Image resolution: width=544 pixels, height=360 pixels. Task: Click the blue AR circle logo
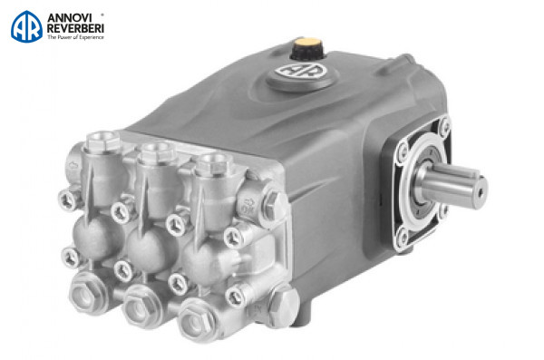coord(26,26)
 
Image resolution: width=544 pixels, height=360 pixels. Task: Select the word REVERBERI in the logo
coord(75,28)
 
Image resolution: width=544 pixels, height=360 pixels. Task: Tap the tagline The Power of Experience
coord(75,37)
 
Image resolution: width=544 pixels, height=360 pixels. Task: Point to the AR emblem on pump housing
coord(301,71)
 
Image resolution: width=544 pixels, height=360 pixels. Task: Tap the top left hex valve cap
coord(102,141)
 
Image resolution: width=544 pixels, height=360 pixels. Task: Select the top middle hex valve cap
coord(157,151)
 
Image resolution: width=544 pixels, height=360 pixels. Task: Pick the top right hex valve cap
coord(213,164)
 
